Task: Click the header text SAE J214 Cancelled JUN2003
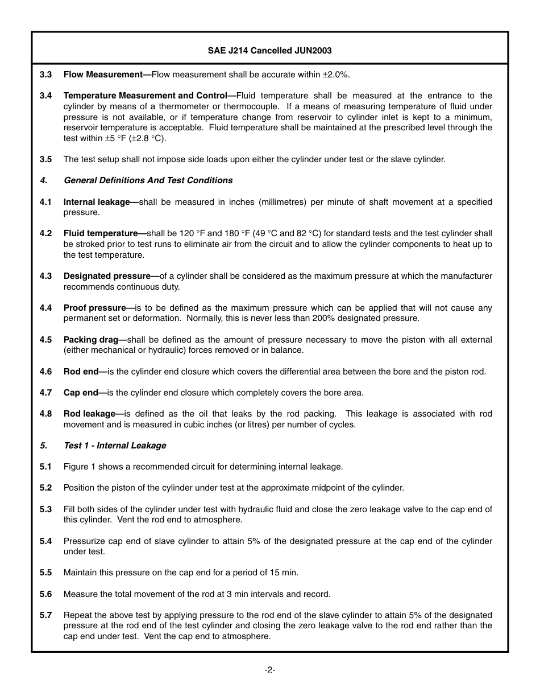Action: [269, 51]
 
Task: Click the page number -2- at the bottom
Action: [270, 670]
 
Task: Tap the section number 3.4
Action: [46, 96]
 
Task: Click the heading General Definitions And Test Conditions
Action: [148, 180]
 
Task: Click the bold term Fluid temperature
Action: [101, 233]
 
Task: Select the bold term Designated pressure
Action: [107, 276]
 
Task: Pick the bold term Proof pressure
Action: [95, 308]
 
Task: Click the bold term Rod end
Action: [81, 372]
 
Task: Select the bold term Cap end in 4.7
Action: [81, 393]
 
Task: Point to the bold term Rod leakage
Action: [90, 414]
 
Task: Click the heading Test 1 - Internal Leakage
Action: [115, 446]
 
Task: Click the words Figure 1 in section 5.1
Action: [78, 467]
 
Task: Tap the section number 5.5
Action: [46, 573]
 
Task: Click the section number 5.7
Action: [46, 615]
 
